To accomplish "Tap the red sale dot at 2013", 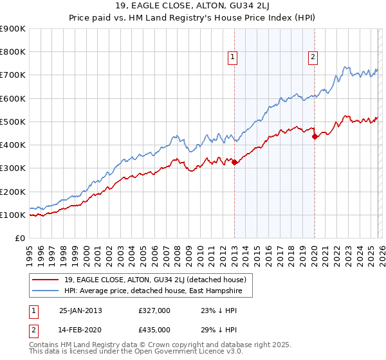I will click(234, 163).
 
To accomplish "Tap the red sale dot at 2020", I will click(315, 137).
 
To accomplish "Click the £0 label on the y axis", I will click(20, 238).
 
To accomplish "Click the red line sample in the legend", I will click(46, 280).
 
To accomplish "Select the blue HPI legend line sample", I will click(46, 291).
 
